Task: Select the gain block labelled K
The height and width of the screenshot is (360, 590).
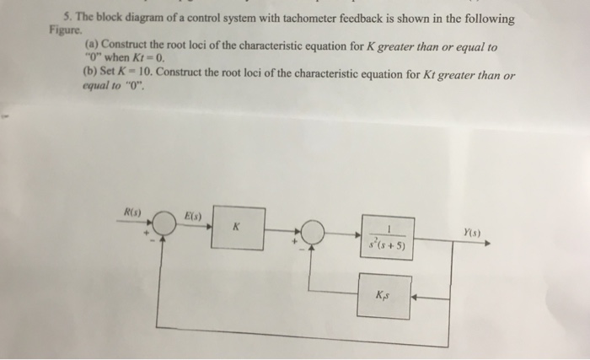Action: click(x=238, y=228)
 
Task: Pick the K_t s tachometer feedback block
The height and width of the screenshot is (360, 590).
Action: click(x=383, y=296)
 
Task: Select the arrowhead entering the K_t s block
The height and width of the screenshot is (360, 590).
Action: click(x=416, y=296)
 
